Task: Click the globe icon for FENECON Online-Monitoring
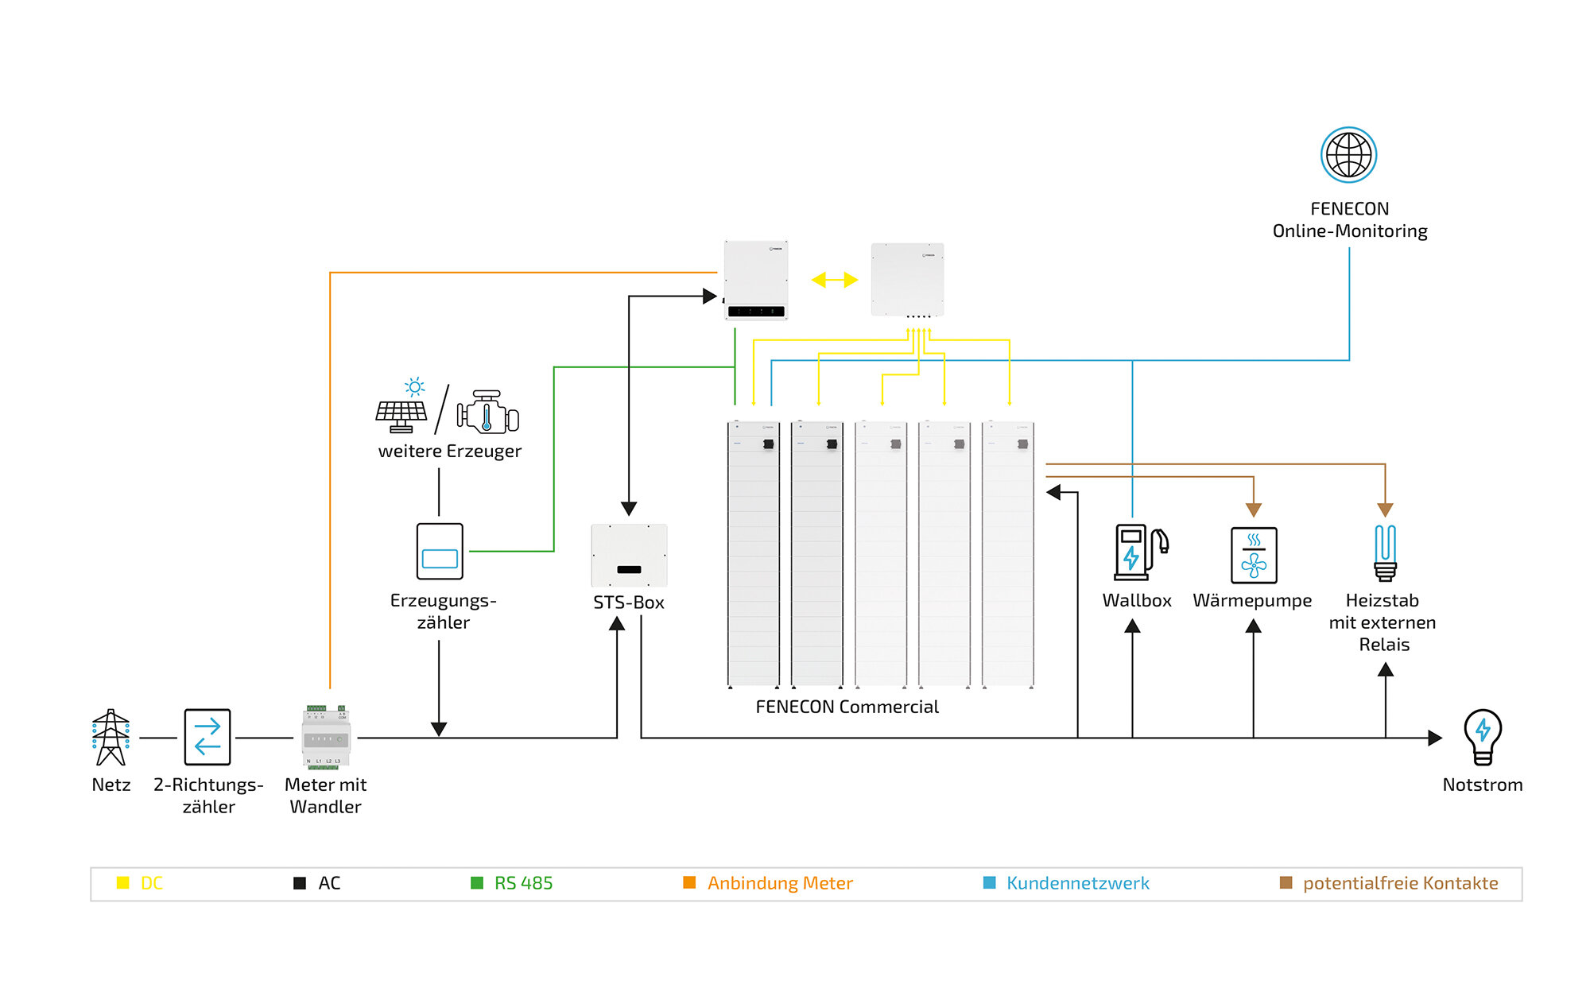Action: tap(1348, 155)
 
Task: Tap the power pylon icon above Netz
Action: tap(111, 737)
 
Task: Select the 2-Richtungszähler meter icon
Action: tap(207, 737)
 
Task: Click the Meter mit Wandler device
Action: tap(326, 737)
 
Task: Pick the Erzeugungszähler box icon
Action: tap(440, 552)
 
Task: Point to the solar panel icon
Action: tap(402, 409)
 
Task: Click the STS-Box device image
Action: tap(629, 556)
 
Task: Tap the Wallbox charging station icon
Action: tap(1140, 552)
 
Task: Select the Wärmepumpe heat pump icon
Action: tap(1254, 555)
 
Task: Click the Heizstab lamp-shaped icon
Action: tap(1385, 552)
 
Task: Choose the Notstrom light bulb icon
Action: tap(1483, 736)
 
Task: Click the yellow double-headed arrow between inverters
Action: tap(834, 280)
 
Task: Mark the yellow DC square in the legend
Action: tap(123, 882)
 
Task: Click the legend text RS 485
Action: tap(523, 883)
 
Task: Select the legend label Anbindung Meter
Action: tap(779, 883)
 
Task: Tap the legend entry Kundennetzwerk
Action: tap(1077, 883)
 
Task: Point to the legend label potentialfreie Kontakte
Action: tap(1400, 883)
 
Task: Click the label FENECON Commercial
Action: tap(847, 707)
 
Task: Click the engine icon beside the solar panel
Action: tap(487, 411)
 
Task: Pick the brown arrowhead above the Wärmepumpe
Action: tap(1254, 510)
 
